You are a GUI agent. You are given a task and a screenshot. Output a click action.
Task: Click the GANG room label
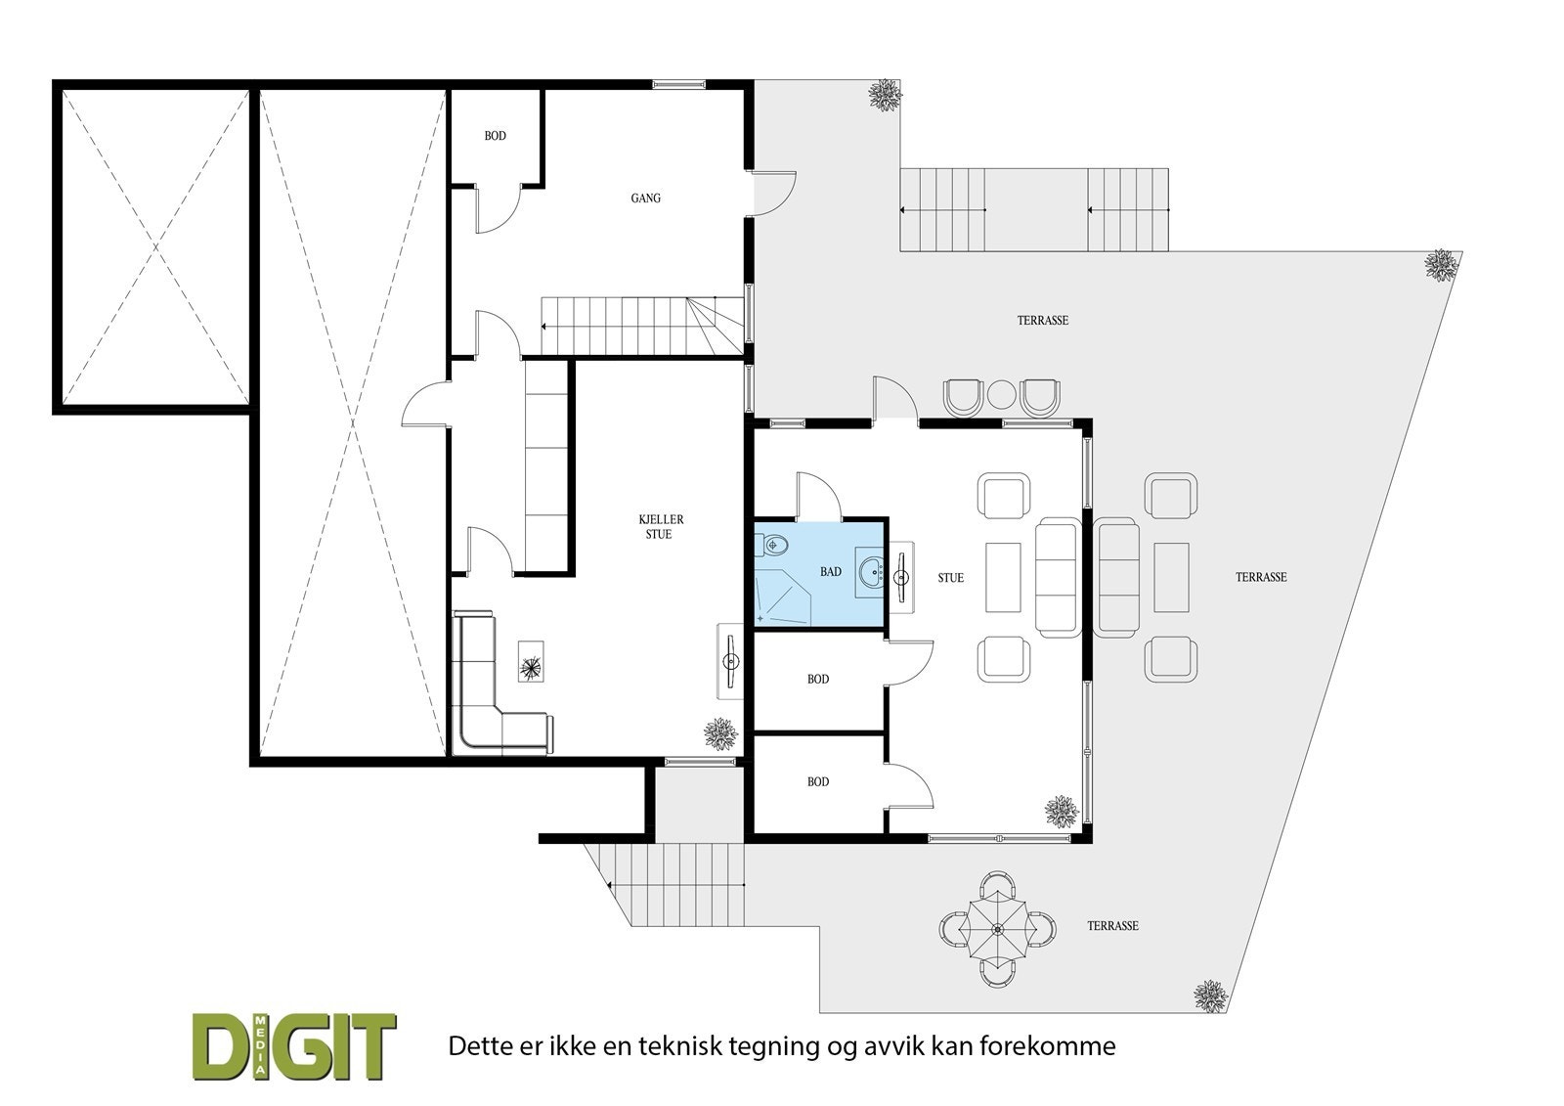click(645, 199)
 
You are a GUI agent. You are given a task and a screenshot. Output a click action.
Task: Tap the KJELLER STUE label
click(661, 527)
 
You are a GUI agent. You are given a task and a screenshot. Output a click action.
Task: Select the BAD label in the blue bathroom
click(830, 572)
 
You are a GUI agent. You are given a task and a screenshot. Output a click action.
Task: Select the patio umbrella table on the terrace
click(998, 929)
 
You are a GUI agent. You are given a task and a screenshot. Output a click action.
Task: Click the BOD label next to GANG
click(495, 136)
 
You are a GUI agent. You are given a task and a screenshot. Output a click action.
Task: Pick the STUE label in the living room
click(950, 578)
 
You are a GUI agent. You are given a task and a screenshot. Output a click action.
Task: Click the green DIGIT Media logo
click(294, 1046)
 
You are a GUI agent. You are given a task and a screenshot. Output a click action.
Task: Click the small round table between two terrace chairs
click(1001, 394)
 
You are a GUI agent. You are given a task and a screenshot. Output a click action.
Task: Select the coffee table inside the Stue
click(1003, 577)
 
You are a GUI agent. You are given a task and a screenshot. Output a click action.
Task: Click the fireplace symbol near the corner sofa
click(531, 662)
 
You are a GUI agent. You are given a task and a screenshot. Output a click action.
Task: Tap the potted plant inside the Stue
click(1062, 812)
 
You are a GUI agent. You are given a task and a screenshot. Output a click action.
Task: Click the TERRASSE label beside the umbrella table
click(1112, 926)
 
